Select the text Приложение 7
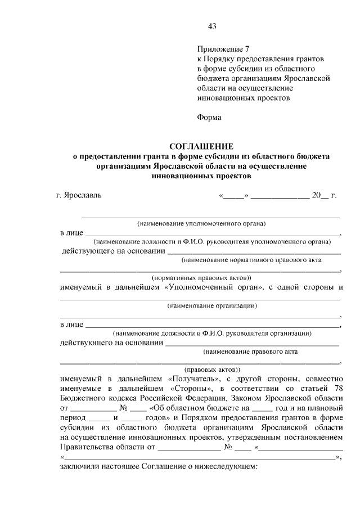(x=219, y=48)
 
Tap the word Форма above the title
(x=209, y=118)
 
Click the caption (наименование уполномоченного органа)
(x=201, y=223)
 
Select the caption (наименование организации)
(x=212, y=306)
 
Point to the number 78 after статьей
(x=338, y=388)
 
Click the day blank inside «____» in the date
(x=233, y=196)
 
